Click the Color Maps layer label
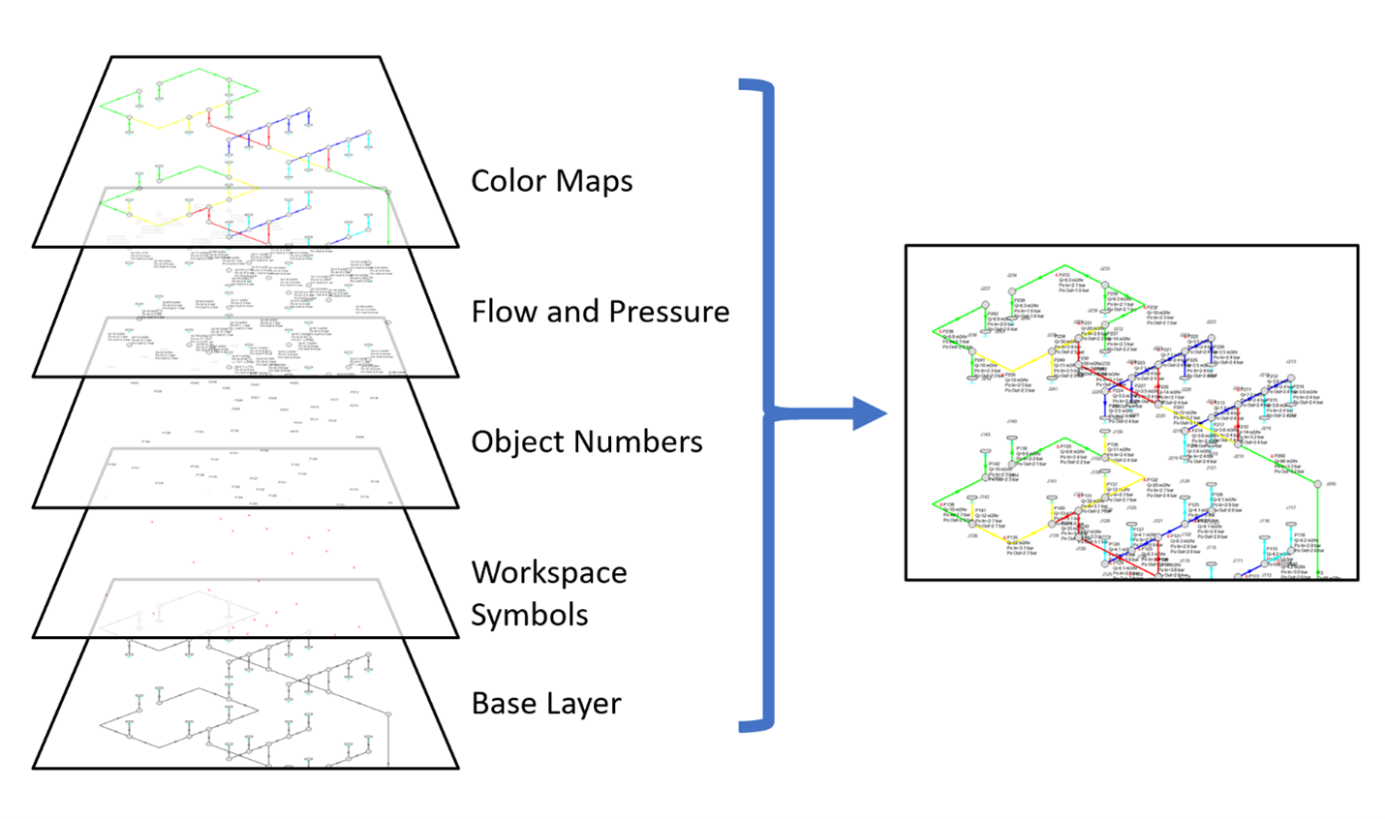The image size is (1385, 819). [551, 181]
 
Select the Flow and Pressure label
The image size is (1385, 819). [600, 312]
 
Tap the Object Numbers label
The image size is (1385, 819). [586, 441]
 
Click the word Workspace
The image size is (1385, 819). [549, 572]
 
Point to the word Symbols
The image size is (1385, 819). [529, 615]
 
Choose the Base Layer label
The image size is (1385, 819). [545, 704]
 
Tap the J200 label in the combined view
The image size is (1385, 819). [1331, 484]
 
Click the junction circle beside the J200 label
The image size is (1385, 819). [1318, 484]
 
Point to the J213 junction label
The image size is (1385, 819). [1291, 363]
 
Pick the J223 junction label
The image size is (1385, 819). [1211, 322]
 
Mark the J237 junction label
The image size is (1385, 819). [985, 288]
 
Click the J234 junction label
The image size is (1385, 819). [1012, 276]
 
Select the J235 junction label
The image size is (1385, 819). [1105, 269]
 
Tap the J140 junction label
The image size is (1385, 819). [1012, 422]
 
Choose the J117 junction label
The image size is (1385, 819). [1291, 507]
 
